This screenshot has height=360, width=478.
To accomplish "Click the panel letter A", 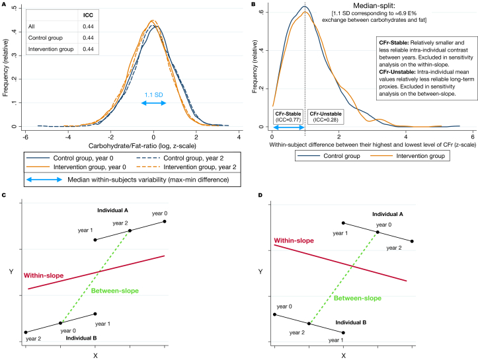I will coord(4,4).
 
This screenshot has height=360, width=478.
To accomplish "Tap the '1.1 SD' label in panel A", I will coord(154,94).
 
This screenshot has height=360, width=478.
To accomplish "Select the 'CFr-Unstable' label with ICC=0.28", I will coord(324,115).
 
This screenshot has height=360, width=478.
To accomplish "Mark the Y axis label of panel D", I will coord(259,271).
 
